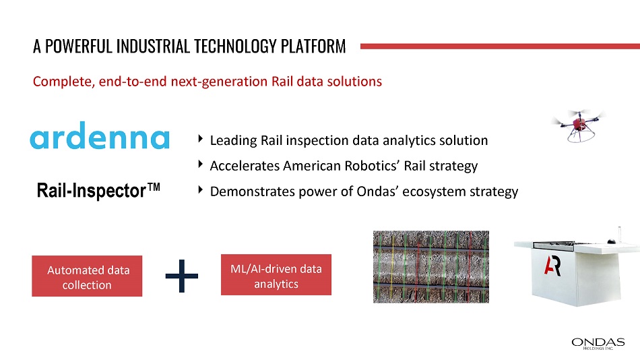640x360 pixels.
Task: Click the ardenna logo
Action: point(100,136)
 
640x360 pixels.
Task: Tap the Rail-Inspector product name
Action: point(98,190)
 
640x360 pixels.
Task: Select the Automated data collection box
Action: point(87,276)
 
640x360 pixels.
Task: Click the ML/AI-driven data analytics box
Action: point(276,275)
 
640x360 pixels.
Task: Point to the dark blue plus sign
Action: point(182,276)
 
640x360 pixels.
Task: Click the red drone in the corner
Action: point(579,125)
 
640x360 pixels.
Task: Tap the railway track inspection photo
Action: point(431,267)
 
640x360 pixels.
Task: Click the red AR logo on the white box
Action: point(552,266)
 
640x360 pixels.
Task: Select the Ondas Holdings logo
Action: point(598,343)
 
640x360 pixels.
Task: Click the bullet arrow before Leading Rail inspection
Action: point(200,139)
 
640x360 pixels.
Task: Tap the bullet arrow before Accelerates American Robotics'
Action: point(200,164)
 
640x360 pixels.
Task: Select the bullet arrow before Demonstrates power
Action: point(200,189)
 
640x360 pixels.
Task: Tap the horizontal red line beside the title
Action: point(500,46)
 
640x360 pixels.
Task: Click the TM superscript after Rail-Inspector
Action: point(154,187)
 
